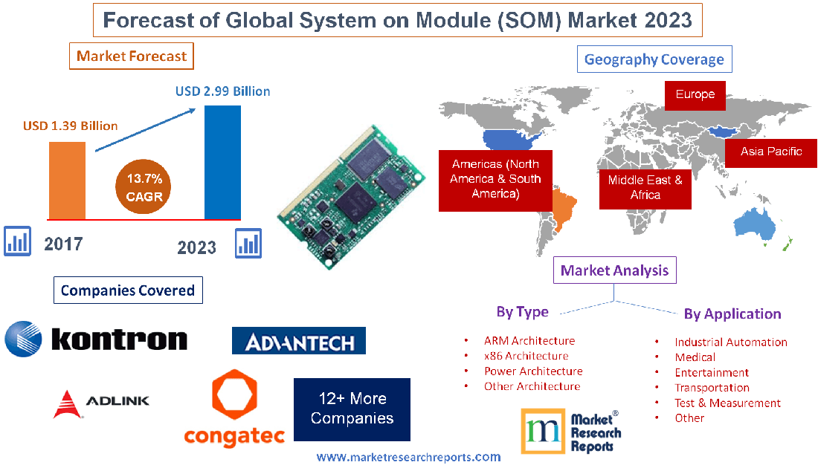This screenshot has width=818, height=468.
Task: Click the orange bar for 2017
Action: point(66,180)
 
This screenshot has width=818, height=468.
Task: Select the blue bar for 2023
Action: point(222,162)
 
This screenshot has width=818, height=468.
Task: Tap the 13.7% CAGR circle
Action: point(144,187)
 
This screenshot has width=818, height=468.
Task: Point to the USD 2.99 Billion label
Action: point(223,91)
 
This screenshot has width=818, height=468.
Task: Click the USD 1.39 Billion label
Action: point(71,126)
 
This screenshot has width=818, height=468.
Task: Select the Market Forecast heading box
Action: point(132,56)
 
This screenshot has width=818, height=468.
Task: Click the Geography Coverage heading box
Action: point(654,59)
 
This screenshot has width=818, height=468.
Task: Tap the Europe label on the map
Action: point(695,94)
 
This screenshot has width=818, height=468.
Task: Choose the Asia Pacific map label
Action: point(771,152)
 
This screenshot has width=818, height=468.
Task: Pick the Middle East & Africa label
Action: point(645,187)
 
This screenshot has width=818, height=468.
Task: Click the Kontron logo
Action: point(96,339)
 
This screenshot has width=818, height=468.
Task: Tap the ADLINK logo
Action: point(102,401)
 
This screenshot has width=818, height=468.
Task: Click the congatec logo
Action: point(235,408)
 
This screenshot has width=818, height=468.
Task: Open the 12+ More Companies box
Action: point(352,409)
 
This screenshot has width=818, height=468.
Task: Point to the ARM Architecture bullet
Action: point(529,341)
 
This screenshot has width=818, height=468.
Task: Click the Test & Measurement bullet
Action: point(727,403)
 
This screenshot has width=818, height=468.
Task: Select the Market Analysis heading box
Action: point(614,270)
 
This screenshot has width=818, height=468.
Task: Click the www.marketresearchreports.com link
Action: point(408,457)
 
